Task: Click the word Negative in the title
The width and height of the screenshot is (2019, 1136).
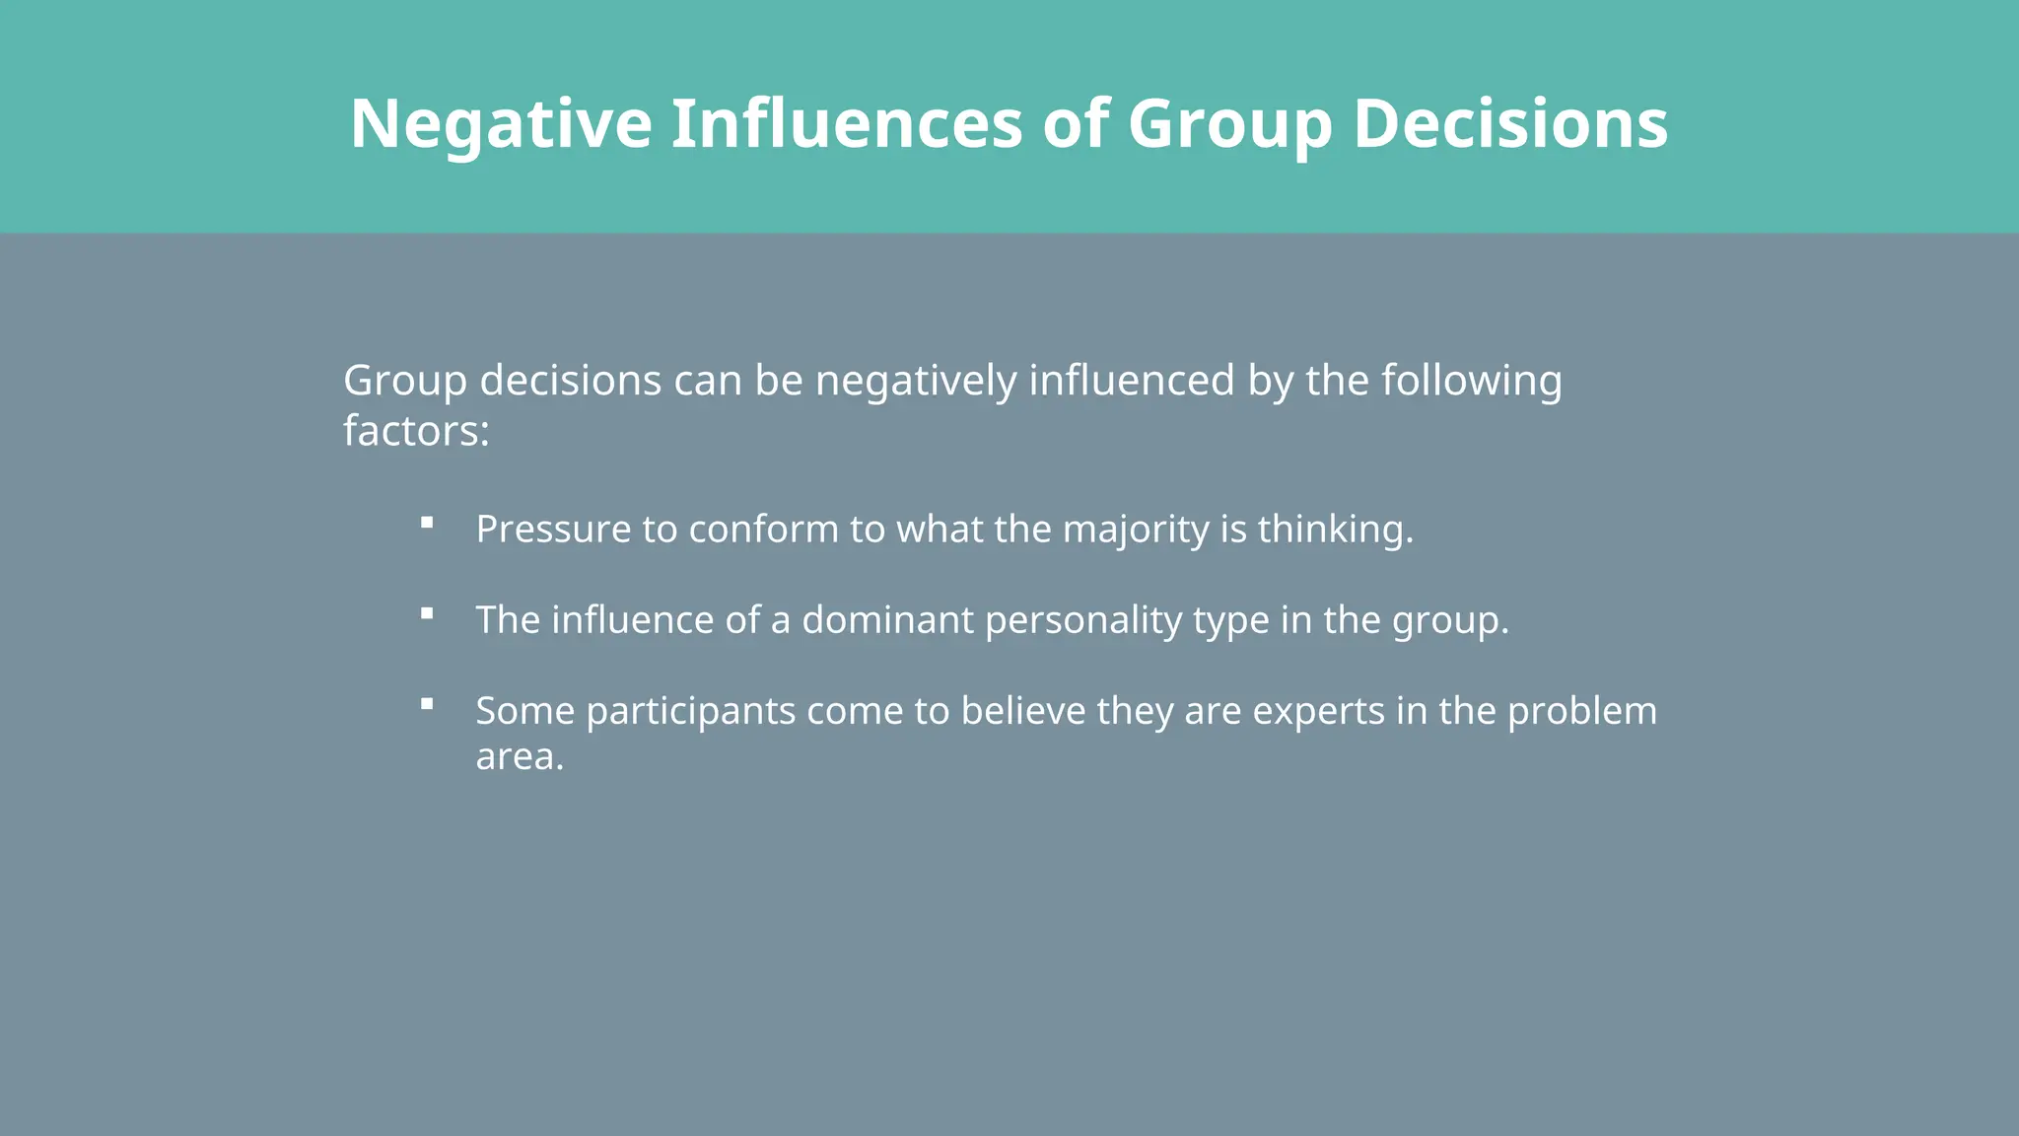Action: click(x=501, y=124)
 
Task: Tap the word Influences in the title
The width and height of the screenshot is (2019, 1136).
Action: click(x=847, y=124)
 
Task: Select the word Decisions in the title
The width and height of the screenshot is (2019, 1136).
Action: click(x=1510, y=124)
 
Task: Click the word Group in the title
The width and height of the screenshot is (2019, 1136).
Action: click(x=1229, y=126)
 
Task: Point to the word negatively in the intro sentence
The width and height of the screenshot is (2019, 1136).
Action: click(x=916, y=381)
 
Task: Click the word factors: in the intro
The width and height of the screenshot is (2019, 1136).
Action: click(x=416, y=431)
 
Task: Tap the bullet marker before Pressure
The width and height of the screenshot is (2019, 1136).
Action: click(x=427, y=523)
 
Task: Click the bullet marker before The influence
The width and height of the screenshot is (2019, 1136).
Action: click(x=427, y=613)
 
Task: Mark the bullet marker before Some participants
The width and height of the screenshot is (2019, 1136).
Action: click(x=427, y=704)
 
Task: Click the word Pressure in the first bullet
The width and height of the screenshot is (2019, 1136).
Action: click(x=553, y=530)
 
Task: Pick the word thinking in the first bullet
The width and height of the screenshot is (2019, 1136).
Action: click(x=1331, y=530)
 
